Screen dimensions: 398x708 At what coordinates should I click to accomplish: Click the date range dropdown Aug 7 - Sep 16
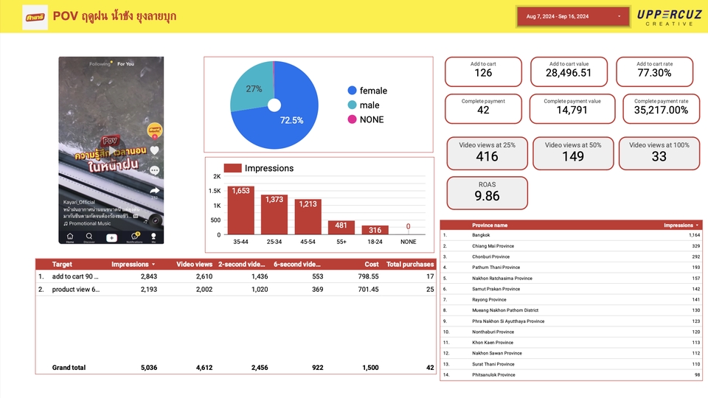(573, 16)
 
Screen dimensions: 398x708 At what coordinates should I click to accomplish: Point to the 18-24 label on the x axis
(374, 241)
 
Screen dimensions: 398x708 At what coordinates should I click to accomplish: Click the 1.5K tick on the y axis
(215, 191)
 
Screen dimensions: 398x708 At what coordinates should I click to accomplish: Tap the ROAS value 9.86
(487, 196)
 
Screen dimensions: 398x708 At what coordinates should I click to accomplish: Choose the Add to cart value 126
(483, 73)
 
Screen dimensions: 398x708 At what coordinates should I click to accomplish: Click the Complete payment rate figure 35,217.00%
(661, 110)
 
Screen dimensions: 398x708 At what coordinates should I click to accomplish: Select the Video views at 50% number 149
(573, 156)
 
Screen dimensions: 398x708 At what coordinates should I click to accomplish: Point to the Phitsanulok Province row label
(494, 374)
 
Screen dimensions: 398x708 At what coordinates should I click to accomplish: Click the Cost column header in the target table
(371, 264)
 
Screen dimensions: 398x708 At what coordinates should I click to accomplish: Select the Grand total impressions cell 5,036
(143, 367)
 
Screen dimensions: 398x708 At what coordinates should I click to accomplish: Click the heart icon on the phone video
(154, 150)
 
